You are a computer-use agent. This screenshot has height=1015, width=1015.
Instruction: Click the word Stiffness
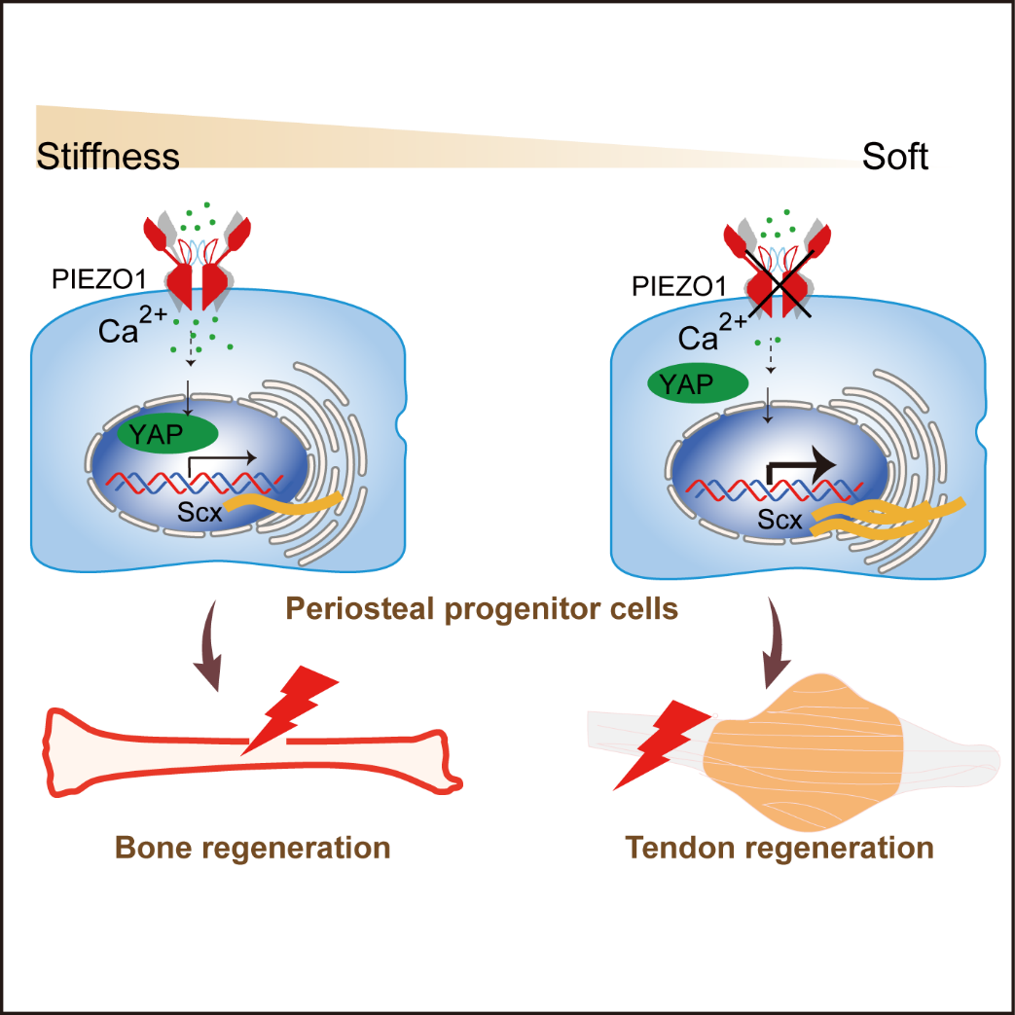click(108, 157)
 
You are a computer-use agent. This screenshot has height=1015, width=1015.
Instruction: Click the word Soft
click(894, 157)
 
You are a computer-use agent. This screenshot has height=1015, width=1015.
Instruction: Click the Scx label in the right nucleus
click(780, 520)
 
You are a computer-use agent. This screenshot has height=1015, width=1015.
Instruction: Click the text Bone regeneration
click(253, 847)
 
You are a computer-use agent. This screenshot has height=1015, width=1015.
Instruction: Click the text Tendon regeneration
click(779, 847)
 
